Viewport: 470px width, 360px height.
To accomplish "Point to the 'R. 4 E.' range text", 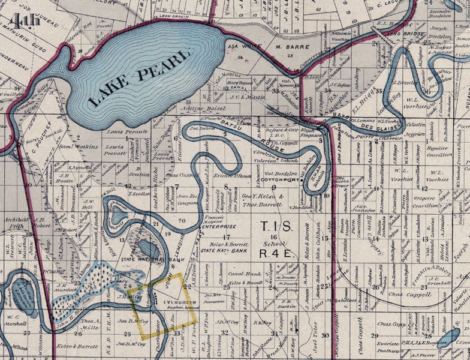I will pos(275,254).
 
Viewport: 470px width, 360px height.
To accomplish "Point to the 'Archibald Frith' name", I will pos(16,223).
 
